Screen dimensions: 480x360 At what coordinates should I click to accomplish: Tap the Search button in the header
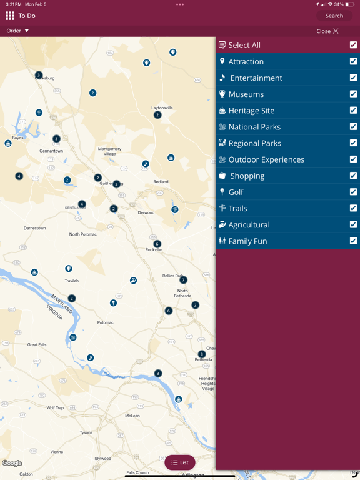pyautogui.click(x=334, y=16)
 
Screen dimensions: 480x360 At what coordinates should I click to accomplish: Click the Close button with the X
pyautogui.click(x=327, y=31)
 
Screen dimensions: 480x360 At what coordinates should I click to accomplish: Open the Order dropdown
pyautogui.click(x=17, y=31)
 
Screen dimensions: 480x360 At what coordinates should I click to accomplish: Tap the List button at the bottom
pyautogui.click(x=180, y=462)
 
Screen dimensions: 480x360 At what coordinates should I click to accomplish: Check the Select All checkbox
pyautogui.click(x=353, y=45)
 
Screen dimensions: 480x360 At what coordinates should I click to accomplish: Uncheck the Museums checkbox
pyautogui.click(x=353, y=94)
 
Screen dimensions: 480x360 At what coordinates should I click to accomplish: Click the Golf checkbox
pyautogui.click(x=353, y=192)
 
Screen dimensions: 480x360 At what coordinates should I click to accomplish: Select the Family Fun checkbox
pyautogui.click(x=353, y=241)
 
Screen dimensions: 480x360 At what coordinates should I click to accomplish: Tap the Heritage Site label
pyautogui.click(x=251, y=111)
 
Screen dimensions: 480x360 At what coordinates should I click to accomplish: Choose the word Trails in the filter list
pyautogui.click(x=237, y=208)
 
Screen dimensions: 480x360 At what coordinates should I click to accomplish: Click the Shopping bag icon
pyautogui.click(x=222, y=176)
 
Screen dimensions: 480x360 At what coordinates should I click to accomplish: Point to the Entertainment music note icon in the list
pyautogui.click(x=222, y=78)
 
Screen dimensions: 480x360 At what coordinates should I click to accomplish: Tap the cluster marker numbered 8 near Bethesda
pyautogui.click(x=201, y=354)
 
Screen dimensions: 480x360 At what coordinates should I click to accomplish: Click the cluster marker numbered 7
pyautogui.click(x=183, y=280)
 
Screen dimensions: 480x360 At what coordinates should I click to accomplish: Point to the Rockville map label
pyautogui.click(x=154, y=250)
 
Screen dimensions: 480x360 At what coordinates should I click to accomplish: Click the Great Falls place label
pyautogui.click(x=37, y=344)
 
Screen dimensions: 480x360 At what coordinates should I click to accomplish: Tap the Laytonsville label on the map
pyautogui.click(x=162, y=107)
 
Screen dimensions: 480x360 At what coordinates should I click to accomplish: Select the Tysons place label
pyautogui.click(x=86, y=432)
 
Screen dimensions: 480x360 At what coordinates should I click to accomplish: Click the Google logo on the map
pyautogui.click(x=12, y=463)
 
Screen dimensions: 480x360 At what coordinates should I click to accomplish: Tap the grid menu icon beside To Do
pyautogui.click(x=10, y=16)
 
